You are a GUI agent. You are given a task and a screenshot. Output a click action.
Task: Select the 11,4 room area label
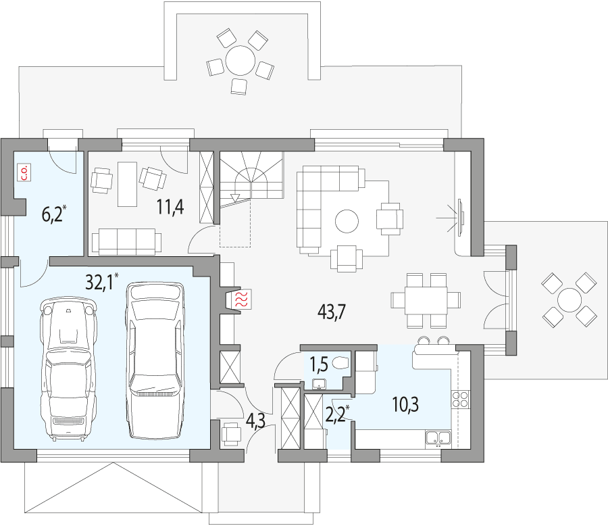[171, 207]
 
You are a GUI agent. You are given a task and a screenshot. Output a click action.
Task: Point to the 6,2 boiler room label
[53, 215]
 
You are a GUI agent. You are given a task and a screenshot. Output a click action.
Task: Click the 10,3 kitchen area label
[405, 405]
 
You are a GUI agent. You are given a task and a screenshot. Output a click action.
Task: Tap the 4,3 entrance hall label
[255, 421]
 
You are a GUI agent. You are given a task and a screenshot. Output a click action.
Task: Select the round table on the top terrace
[239, 59]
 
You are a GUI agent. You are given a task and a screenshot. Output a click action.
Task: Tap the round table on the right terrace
[569, 298]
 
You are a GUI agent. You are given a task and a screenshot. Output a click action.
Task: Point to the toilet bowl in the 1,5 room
[342, 362]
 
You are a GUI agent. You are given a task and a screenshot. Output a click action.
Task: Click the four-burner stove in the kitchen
[461, 400]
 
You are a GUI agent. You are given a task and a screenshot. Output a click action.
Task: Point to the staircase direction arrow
[234, 197]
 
